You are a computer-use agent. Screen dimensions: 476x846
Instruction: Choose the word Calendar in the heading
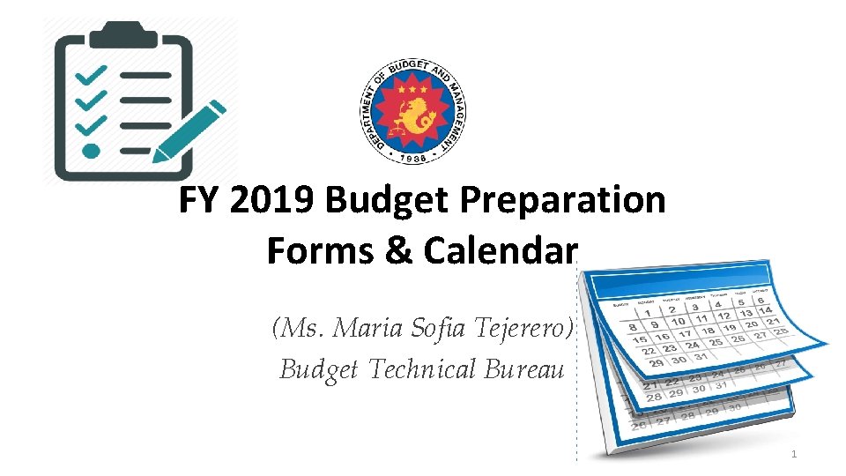(499, 250)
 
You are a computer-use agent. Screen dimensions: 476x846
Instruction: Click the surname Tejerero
(523, 329)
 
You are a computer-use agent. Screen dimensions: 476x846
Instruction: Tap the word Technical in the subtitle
(422, 368)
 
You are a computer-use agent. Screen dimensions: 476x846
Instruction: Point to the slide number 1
(794, 454)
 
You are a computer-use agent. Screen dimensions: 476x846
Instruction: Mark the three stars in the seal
(413, 90)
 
